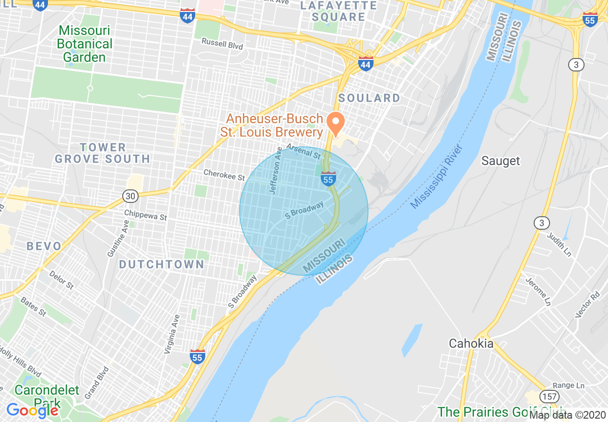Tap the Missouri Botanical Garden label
coord(84,44)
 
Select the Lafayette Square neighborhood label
coord(338,12)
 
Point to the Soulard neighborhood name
coord(369,98)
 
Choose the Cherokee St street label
coord(224,175)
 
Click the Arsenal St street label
coord(304,152)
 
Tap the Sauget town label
coord(501,161)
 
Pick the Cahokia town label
coord(471,343)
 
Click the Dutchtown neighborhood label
coord(162,264)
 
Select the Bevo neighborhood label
coord(44,246)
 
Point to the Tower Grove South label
coord(103,153)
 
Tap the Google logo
coord(32,410)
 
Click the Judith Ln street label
coord(560,245)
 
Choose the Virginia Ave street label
coord(171,334)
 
